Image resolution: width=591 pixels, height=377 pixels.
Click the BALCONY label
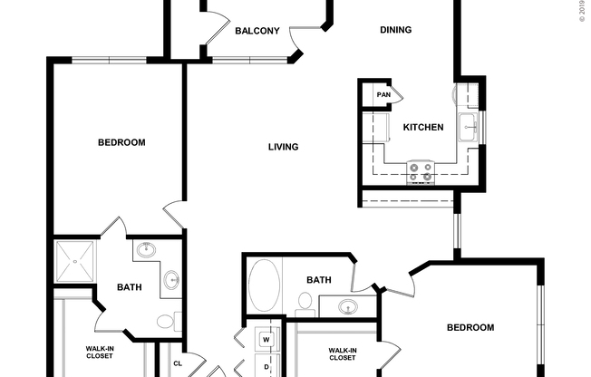coord(257,31)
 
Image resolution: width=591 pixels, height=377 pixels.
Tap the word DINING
coord(395,30)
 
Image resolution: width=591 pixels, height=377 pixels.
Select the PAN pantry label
coord(383,94)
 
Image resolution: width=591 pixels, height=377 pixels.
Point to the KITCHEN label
coord(422,128)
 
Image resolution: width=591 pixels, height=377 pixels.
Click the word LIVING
coord(283,147)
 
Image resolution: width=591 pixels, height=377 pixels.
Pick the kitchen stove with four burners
coord(420,171)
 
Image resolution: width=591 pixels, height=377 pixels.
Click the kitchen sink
coord(469,127)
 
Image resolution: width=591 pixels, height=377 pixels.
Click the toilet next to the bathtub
coord(305,304)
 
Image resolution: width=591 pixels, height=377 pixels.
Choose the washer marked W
coord(266,340)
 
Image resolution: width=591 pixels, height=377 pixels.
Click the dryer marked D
coord(266,366)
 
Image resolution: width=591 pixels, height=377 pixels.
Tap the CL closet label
coord(179,365)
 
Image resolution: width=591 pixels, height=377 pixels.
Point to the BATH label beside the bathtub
coord(317,280)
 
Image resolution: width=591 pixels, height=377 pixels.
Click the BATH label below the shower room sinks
coord(129,288)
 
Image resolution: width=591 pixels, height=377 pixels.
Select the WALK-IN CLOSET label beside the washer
coord(341,353)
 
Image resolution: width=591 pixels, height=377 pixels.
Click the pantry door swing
coord(397,94)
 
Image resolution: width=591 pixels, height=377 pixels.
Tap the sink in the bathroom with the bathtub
coord(346,307)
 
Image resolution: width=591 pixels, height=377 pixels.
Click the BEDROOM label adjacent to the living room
coord(121,142)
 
